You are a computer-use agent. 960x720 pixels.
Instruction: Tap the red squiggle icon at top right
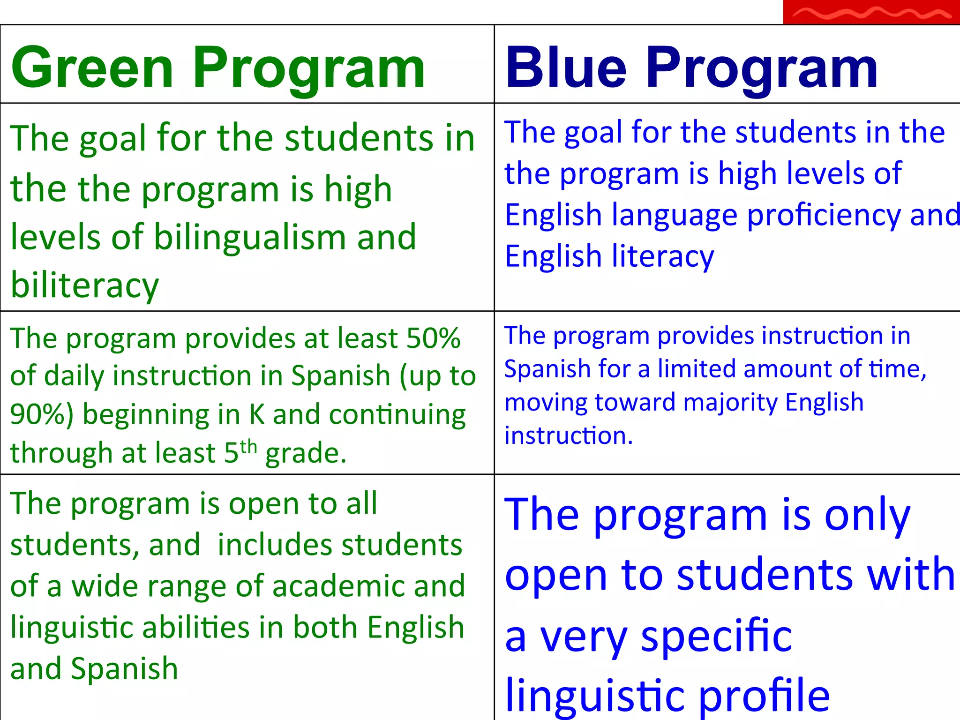(x=871, y=13)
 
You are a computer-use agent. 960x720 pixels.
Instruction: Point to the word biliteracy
(x=85, y=285)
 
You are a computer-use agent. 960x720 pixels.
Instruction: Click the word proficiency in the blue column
(x=823, y=216)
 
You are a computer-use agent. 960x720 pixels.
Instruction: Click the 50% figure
(x=433, y=338)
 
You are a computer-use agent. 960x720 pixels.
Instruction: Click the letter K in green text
(x=257, y=414)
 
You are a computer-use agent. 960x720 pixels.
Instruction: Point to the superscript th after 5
(x=249, y=446)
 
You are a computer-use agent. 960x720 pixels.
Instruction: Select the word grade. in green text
(x=306, y=454)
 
